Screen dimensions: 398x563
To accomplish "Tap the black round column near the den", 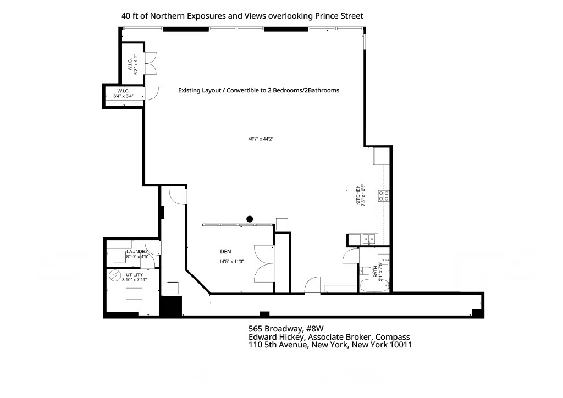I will [x=250, y=219].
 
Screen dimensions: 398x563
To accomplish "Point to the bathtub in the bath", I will [x=375, y=285].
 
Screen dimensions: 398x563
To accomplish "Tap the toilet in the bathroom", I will [x=366, y=270].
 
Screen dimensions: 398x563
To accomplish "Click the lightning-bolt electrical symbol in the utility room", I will [x=115, y=274].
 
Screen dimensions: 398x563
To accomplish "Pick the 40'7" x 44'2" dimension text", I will [x=261, y=139].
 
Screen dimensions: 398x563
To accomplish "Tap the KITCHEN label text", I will [x=357, y=195].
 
